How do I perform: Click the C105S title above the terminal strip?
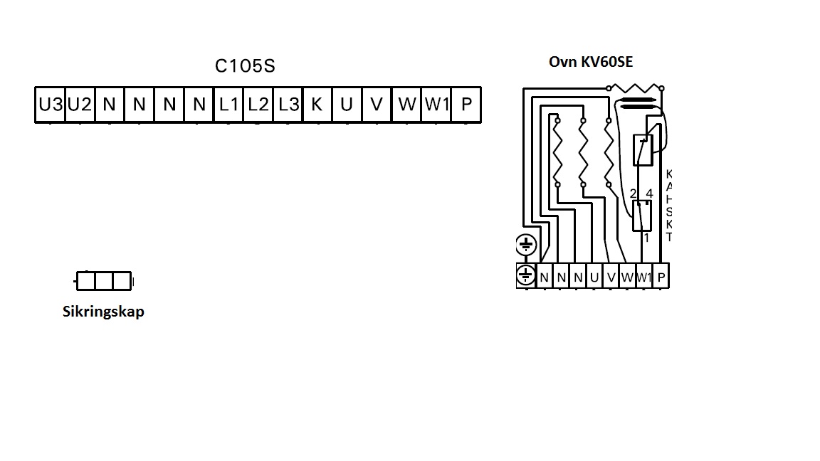click(245, 66)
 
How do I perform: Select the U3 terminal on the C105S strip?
click(50, 105)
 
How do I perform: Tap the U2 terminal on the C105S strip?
click(80, 105)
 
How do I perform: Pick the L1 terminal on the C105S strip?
click(228, 105)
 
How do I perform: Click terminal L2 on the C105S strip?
click(258, 105)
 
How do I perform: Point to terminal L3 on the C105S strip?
click(288, 105)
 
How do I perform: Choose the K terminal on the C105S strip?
click(317, 105)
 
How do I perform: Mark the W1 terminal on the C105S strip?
click(436, 105)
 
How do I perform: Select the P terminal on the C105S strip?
click(466, 105)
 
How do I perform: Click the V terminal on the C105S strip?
click(377, 105)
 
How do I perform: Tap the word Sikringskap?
click(103, 312)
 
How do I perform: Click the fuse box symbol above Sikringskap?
click(104, 282)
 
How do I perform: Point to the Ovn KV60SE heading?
click(590, 62)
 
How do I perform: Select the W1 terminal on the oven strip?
click(643, 277)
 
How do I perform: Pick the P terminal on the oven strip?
click(661, 277)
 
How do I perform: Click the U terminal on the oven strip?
click(594, 277)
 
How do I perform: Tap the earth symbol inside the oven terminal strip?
click(525, 275)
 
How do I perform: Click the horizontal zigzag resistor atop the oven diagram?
click(636, 88)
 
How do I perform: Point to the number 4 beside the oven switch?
click(649, 194)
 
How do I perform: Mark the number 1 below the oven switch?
click(646, 238)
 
